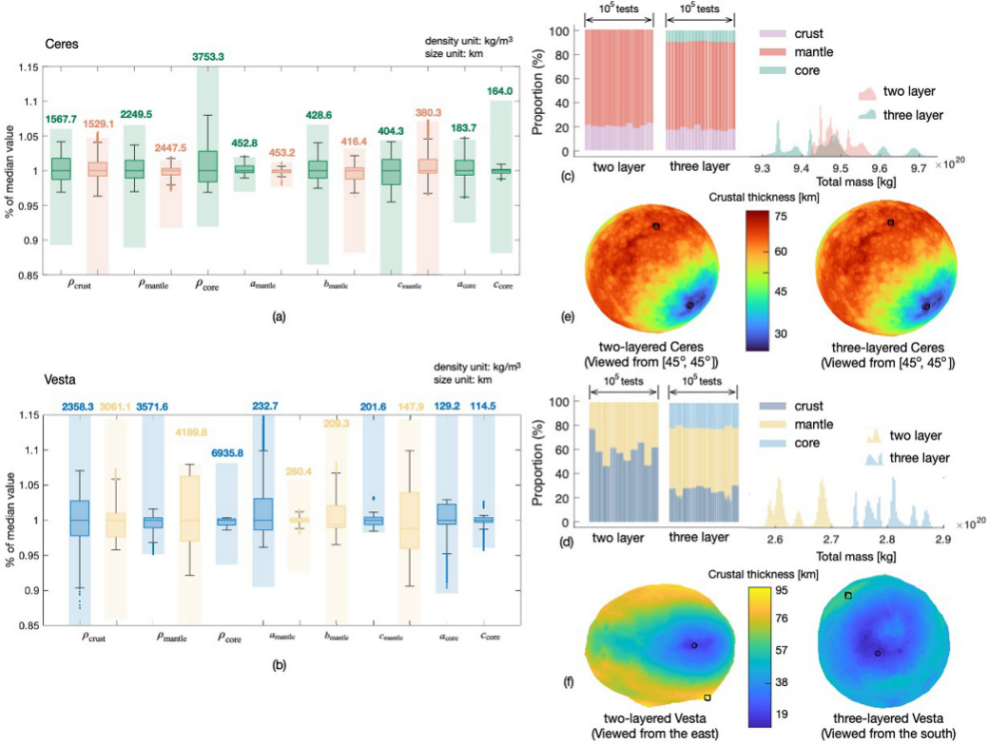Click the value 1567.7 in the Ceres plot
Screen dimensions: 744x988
pos(63,119)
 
